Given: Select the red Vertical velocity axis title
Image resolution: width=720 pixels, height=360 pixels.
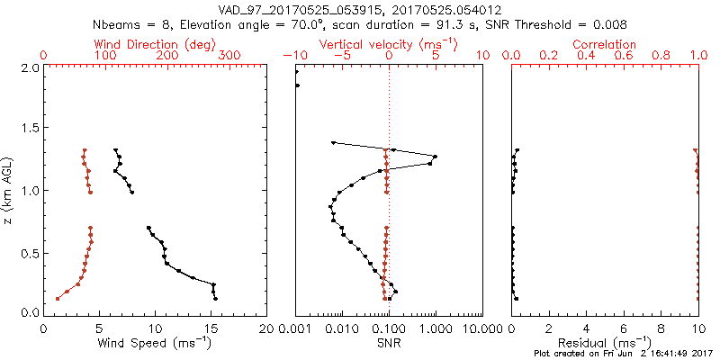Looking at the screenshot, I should pyautogui.click(x=389, y=44).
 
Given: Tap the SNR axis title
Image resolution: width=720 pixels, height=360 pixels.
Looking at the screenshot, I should pyautogui.click(x=389, y=343).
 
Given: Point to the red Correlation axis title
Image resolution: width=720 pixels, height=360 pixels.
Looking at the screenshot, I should pyautogui.click(x=606, y=44).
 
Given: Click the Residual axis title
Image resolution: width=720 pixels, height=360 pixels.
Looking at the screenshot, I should pyautogui.click(x=606, y=343).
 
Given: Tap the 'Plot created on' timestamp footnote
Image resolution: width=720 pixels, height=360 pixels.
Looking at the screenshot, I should pyautogui.click(x=628, y=354).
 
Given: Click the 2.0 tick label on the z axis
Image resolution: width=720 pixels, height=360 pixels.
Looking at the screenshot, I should pyautogui.click(x=30, y=67).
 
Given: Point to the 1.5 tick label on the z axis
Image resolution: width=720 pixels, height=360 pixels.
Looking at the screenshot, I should pyautogui.click(x=30, y=129).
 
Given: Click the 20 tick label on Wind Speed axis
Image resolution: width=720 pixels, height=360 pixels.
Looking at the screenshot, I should pyautogui.click(x=266, y=328).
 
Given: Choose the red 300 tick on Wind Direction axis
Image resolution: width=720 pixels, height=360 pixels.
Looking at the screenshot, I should pyautogui.click(x=229, y=56).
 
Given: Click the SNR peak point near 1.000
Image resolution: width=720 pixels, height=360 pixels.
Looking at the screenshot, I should pyautogui.click(x=435, y=157).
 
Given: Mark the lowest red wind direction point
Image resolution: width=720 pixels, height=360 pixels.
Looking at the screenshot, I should pyautogui.click(x=58, y=298).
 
